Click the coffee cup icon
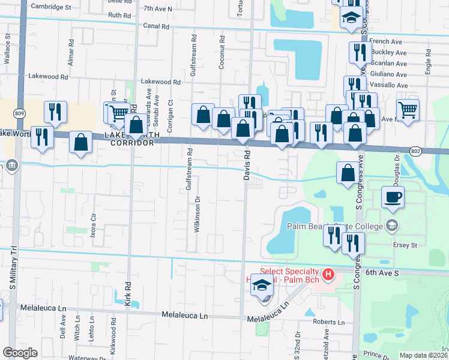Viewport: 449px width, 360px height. pyautogui.click(x=393, y=197)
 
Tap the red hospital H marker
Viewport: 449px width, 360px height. pyautogui.click(x=328, y=275)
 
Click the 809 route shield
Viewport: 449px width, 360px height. pyautogui.click(x=20, y=113)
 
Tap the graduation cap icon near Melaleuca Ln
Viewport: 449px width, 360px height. pyautogui.click(x=262, y=285)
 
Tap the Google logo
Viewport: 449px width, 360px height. pyautogui.click(x=20, y=353)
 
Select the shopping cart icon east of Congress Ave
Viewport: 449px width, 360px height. pyautogui.click(x=408, y=110)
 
